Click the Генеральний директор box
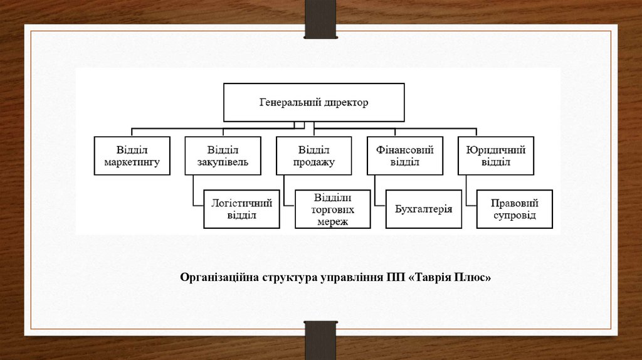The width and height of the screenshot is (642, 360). pyautogui.click(x=314, y=102)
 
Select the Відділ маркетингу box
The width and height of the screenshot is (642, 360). pyautogui.click(x=132, y=156)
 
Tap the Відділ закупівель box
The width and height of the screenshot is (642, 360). pyautogui.click(x=223, y=156)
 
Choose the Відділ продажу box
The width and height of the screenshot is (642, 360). pyautogui.click(x=313, y=156)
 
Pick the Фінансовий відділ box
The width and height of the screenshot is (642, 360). pyautogui.click(x=405, y=156)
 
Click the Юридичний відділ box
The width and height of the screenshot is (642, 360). pyautogui.click(x=496, y=156)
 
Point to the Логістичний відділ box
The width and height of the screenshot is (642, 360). pyautogui.click(x=241, y=209)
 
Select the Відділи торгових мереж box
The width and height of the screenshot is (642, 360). pyautogui.click(x=333, y=209)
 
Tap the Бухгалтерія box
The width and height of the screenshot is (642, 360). pyautogui.click(x=424, y=209)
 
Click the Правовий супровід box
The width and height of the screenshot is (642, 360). pyautogui.click(x=515, y=209)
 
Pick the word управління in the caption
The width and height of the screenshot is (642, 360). pyautogui.click(x=352, y=277)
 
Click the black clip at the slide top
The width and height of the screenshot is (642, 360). pyautogui.click(x=320, y=19)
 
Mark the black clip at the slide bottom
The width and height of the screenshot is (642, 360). pyautogui.click(x=320, y=339)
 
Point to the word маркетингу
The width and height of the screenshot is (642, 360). pyautogui.click(x=132, y=162)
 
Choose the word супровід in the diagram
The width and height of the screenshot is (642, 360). pyautogui.click(x=514, y=215)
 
